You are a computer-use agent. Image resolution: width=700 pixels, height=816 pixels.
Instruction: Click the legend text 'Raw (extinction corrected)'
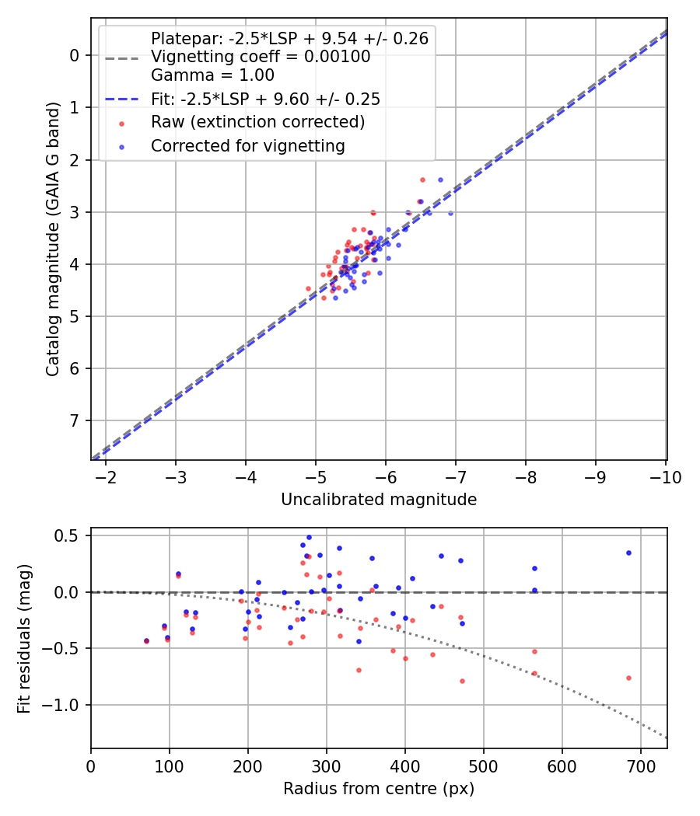click(257, 122)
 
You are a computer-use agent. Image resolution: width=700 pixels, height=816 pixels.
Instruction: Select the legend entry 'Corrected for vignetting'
click(248, 145)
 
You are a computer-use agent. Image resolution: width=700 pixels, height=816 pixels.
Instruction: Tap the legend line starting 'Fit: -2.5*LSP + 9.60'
click(265, 99)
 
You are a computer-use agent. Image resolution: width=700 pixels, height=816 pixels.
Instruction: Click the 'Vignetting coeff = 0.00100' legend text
click(261, 57)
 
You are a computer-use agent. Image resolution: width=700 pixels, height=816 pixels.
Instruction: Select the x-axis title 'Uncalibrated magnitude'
click(379, 500)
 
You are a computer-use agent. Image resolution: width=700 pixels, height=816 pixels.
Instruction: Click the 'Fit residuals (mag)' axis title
click(24, 639)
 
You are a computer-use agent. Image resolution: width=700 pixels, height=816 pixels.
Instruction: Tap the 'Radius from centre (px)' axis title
click(379, 789)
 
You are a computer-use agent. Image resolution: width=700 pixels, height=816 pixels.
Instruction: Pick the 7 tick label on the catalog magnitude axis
click(75, 421)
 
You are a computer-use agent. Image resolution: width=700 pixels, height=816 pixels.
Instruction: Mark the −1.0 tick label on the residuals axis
click(65, 705)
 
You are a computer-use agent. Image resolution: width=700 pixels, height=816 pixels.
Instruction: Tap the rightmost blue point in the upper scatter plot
click(450, 213)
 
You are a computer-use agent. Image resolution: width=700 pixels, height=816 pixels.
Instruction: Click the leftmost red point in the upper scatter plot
click(308, 288)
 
